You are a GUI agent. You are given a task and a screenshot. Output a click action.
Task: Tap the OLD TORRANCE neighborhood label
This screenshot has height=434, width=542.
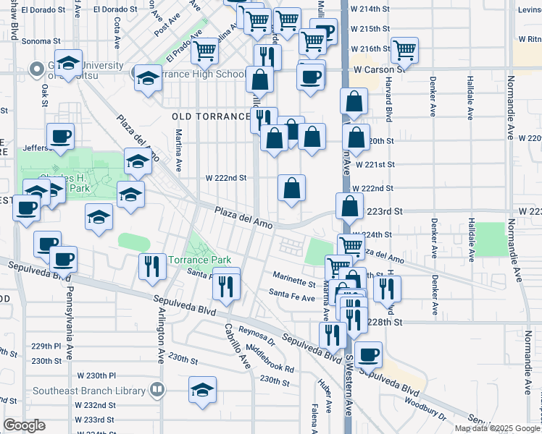tap(211, 116)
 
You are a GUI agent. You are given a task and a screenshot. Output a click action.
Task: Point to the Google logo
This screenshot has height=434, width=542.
tap(24, 425)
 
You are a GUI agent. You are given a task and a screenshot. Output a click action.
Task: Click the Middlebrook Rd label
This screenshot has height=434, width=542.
tap(270, 359)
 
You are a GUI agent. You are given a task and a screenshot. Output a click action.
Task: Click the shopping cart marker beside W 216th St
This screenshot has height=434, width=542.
tap(404, 49)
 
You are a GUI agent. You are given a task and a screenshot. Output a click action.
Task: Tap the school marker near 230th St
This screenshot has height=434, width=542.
tap(202, 389)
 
